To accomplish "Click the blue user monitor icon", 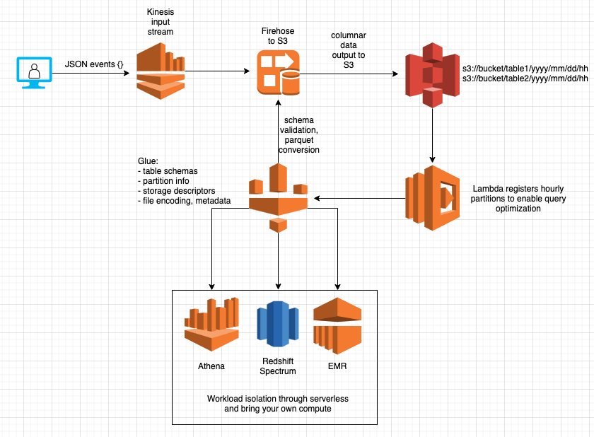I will pos(33,73).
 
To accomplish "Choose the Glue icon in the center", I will pos(278,197).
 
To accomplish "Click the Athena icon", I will pos(211,325).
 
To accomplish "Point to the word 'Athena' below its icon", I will pos(211,366).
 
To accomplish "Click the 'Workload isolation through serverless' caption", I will pos(278,399).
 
